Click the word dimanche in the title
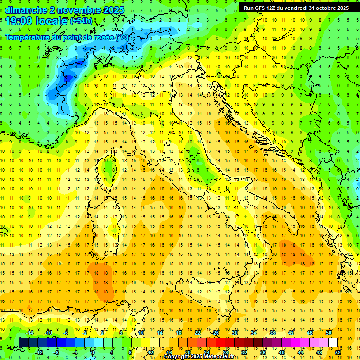coord(23,10)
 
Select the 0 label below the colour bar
coord(93,352)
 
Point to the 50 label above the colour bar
coord(328,332)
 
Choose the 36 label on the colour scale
coord(262,352)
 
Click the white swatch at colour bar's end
coord(333,342)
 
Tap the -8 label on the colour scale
coord(56,352)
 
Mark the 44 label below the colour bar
coord(300,352)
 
